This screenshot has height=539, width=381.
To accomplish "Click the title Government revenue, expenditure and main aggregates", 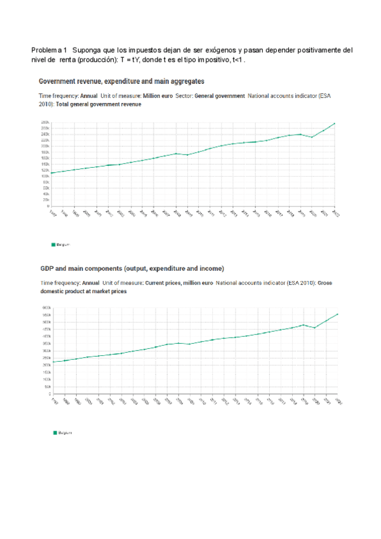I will [121, 81].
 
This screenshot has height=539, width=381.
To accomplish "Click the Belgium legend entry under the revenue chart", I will [61, 244].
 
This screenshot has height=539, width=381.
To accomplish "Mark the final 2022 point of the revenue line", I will [335, 123].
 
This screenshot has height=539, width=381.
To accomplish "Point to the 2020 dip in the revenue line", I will [312, 137].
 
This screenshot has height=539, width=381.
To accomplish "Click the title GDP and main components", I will [132, 268].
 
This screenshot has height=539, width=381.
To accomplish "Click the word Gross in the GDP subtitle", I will [328, 283].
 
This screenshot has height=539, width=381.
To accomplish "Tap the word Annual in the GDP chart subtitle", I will [90, 283].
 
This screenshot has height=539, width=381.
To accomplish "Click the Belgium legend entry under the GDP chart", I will [62, 432].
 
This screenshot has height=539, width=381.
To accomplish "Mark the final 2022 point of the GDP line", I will [338, 314].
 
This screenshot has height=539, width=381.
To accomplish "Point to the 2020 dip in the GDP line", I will [315, 328].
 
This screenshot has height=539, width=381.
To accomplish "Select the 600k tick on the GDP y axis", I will [46, 308].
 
